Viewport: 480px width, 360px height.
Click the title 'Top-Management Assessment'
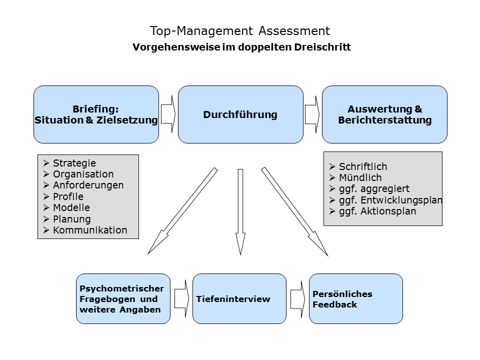click(x=239, y=31)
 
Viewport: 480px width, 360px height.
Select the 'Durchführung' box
click(x=240, y=114)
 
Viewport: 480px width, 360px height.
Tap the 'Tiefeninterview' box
click(x=239, y=299)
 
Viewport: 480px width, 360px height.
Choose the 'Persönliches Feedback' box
click(x=355, y=299)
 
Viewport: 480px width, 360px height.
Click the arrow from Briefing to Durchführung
click(x=168, y=114)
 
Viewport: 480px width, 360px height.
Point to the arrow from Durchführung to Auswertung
click(x=312, y=114)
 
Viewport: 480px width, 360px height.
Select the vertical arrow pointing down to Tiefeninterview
click(x=240, y=212)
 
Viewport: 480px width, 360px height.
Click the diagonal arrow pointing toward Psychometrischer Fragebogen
click(x=183, y=210)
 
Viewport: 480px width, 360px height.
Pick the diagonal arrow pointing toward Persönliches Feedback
click(x=294, y=211)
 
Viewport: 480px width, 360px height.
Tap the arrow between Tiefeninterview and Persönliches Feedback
click(x=298, y=299)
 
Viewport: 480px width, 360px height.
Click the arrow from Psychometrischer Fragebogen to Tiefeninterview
click(x=182, y=299)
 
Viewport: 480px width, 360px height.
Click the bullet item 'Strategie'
click(x=74, y=163)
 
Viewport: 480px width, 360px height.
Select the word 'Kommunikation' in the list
click(x=90, y=230)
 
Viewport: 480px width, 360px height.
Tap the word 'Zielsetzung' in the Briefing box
click(x=127, y=120)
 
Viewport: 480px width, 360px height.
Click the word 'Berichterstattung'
click(x=385, y=120)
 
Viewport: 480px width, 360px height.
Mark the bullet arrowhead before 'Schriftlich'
click(x=332, y=166)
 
